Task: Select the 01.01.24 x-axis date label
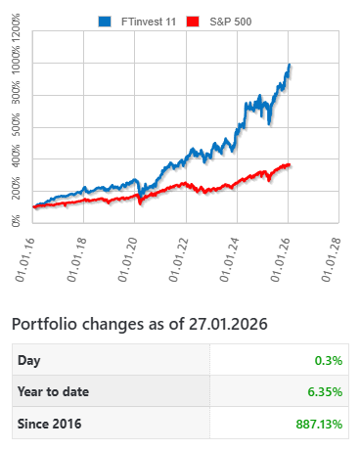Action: tap(236, 257)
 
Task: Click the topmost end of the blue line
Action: tap(290, 67)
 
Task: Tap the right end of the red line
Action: tap(290, 164)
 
